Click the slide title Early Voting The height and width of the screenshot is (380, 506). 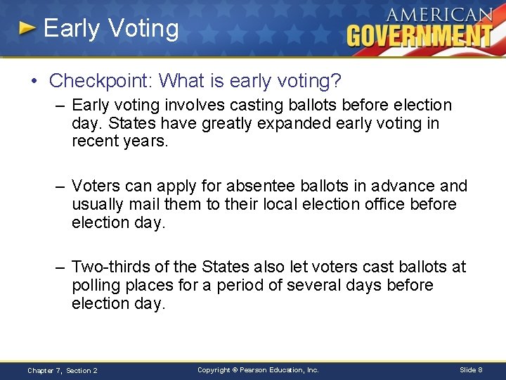click(111, 28)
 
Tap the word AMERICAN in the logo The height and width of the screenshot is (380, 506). click(439, 15)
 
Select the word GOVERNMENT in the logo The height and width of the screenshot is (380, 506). click(420, 35)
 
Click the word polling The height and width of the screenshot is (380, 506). click(96, 285)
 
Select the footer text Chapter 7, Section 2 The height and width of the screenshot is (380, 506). click(63, 370)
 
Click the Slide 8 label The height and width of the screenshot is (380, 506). click(470, 369)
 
